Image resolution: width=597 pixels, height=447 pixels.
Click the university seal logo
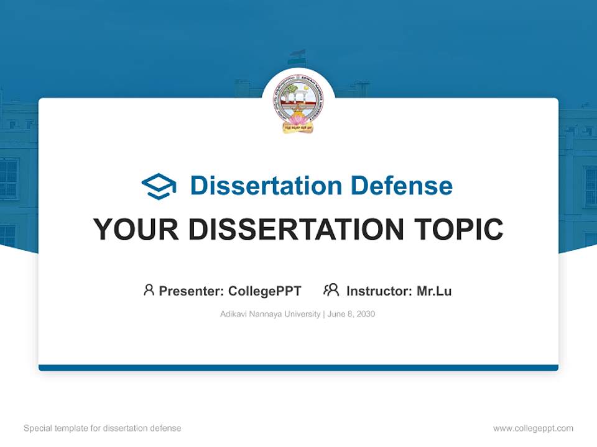pos(298,105)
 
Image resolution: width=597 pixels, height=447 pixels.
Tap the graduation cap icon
pos(159,186)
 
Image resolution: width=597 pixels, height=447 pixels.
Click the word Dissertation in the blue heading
pos(266,186)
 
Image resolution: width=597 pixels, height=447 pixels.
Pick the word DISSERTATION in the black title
pos(298,230)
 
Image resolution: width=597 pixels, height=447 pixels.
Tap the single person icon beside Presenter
pos(149,290)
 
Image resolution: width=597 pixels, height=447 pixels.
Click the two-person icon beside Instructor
pos(331,290)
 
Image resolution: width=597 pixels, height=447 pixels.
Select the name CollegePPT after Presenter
pos(265,291)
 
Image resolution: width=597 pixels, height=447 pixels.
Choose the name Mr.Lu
pos(434,291)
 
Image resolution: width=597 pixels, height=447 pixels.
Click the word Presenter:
pos(192,291)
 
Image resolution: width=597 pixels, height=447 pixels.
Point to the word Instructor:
pos(379,291)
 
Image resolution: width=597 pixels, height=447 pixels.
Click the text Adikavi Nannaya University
pos(270,314)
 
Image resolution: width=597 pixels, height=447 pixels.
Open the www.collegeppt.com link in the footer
pos(533,428)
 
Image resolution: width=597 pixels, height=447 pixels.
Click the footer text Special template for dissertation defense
pos(103,428)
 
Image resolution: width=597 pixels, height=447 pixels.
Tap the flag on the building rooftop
pos(294,56)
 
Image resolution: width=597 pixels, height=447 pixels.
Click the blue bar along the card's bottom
pos(298,368)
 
